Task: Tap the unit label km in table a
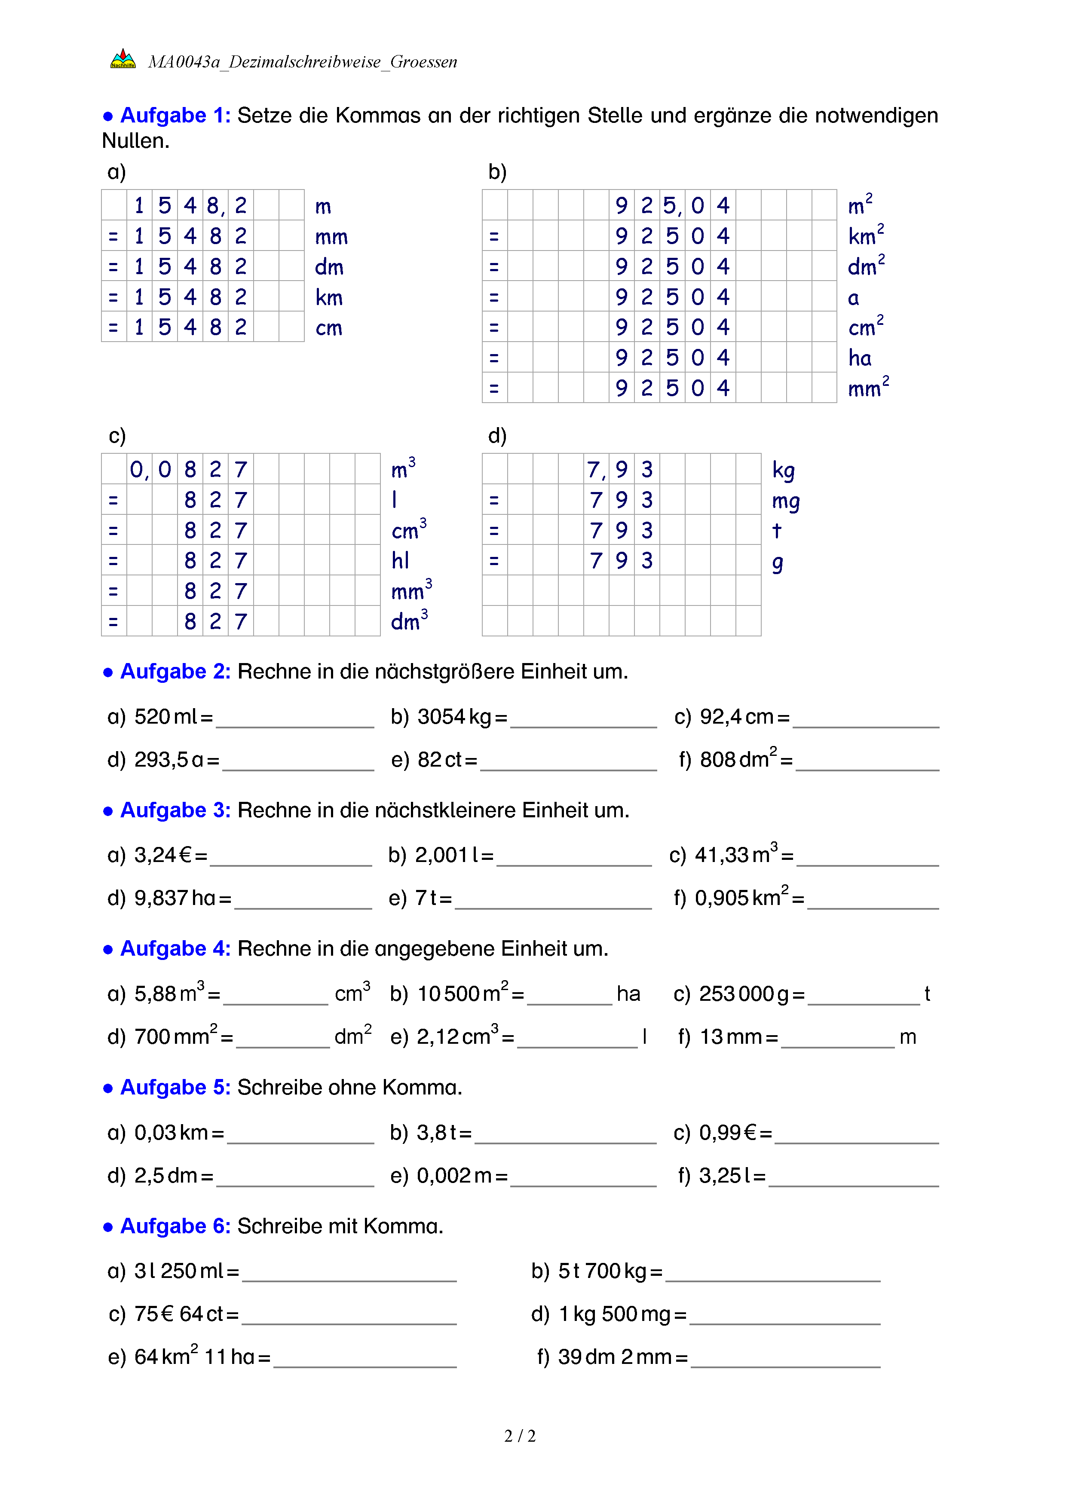tap(329, 297)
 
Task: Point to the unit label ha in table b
tap(860, 358)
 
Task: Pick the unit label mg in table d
tap(786, 501)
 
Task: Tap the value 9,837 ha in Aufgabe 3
tap(175, 898)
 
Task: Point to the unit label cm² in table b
tap(866, 327)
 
